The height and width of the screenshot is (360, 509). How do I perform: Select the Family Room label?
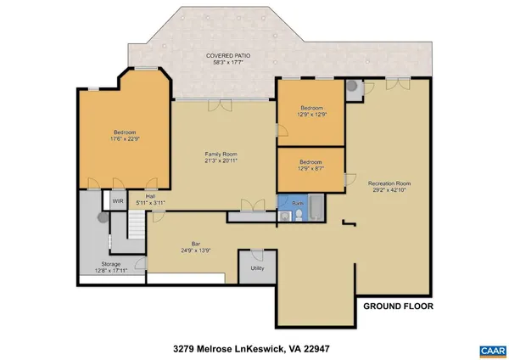tap(219, 154)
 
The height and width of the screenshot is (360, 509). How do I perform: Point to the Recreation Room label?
tap(389, 183)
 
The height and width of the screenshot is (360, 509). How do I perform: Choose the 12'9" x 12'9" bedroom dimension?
tap(311, 115)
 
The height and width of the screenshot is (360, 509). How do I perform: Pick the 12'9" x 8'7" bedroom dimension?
tap(311, 168)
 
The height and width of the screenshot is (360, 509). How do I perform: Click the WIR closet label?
tap(118, 201)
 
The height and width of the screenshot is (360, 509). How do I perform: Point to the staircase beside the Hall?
tap(137, 225)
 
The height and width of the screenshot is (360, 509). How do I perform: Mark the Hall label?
tap(150, 196)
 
